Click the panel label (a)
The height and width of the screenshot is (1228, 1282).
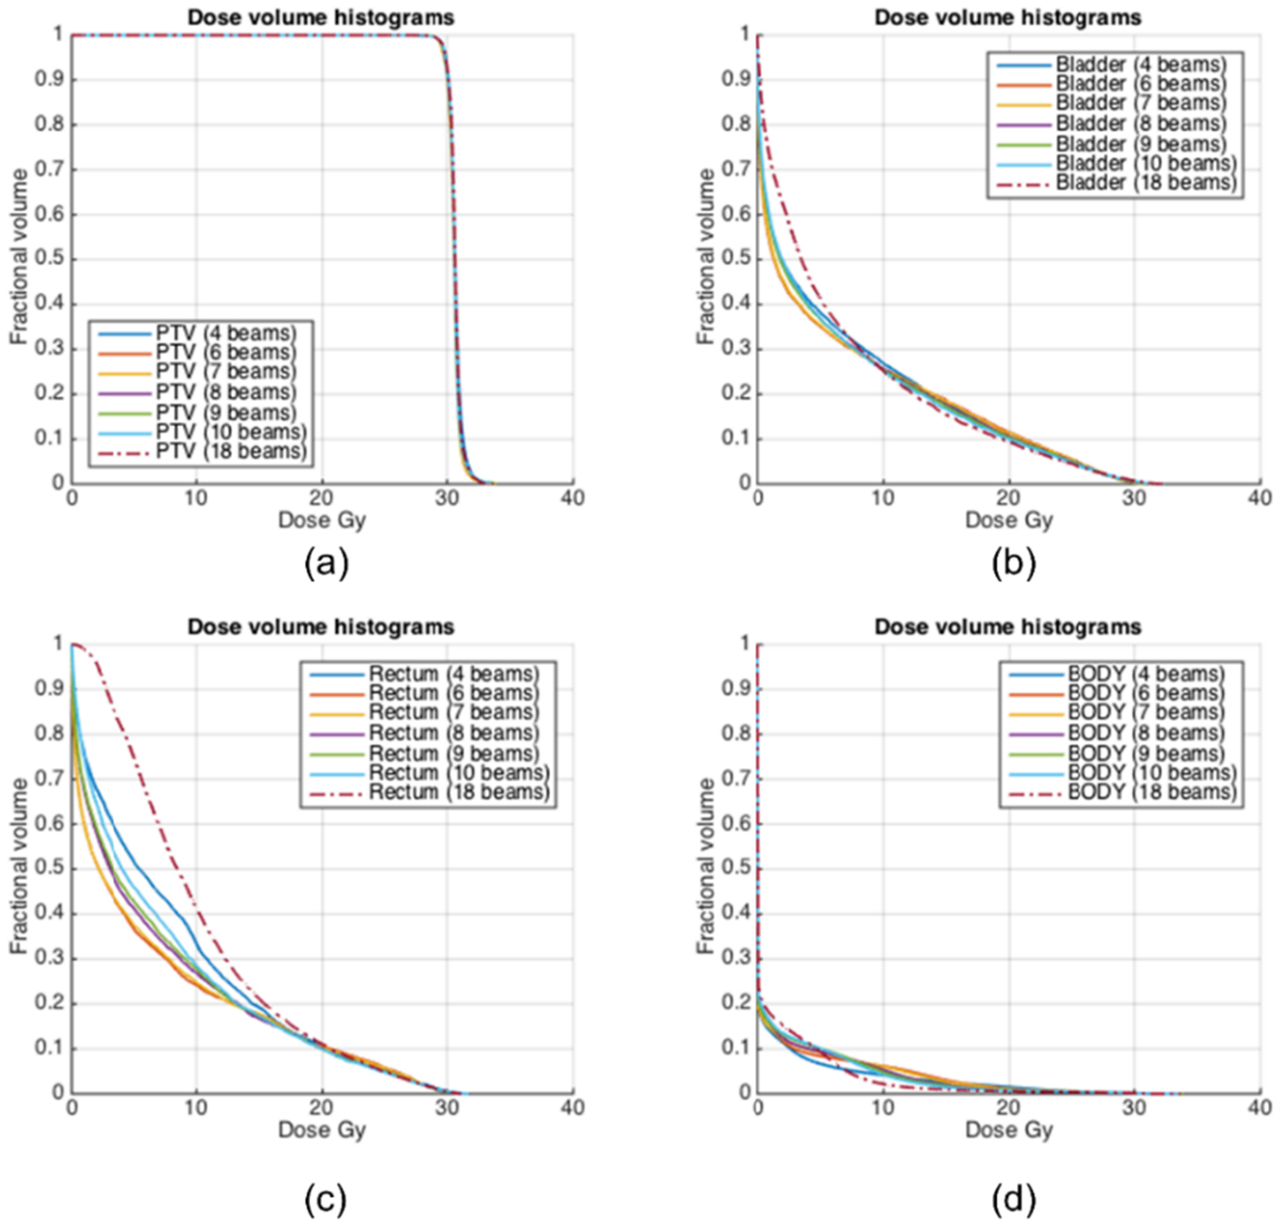(x=326, y=563)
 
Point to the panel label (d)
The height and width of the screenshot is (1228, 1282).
(x=1013, y=1200)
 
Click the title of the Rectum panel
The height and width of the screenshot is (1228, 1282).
(x=320, y=627)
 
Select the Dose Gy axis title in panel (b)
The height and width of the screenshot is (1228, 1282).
(x=1008, y=521)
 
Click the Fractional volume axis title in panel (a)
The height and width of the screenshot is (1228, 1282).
(x=18, y=256)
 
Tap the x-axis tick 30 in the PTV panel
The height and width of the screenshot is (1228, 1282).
(x=447, y=498)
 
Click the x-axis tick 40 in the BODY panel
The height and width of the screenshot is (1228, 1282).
(x=1259, y=1108)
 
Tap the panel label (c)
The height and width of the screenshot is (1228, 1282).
(x=325, y=1200)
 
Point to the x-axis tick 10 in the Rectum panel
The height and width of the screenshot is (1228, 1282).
(x=196, y=1108)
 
